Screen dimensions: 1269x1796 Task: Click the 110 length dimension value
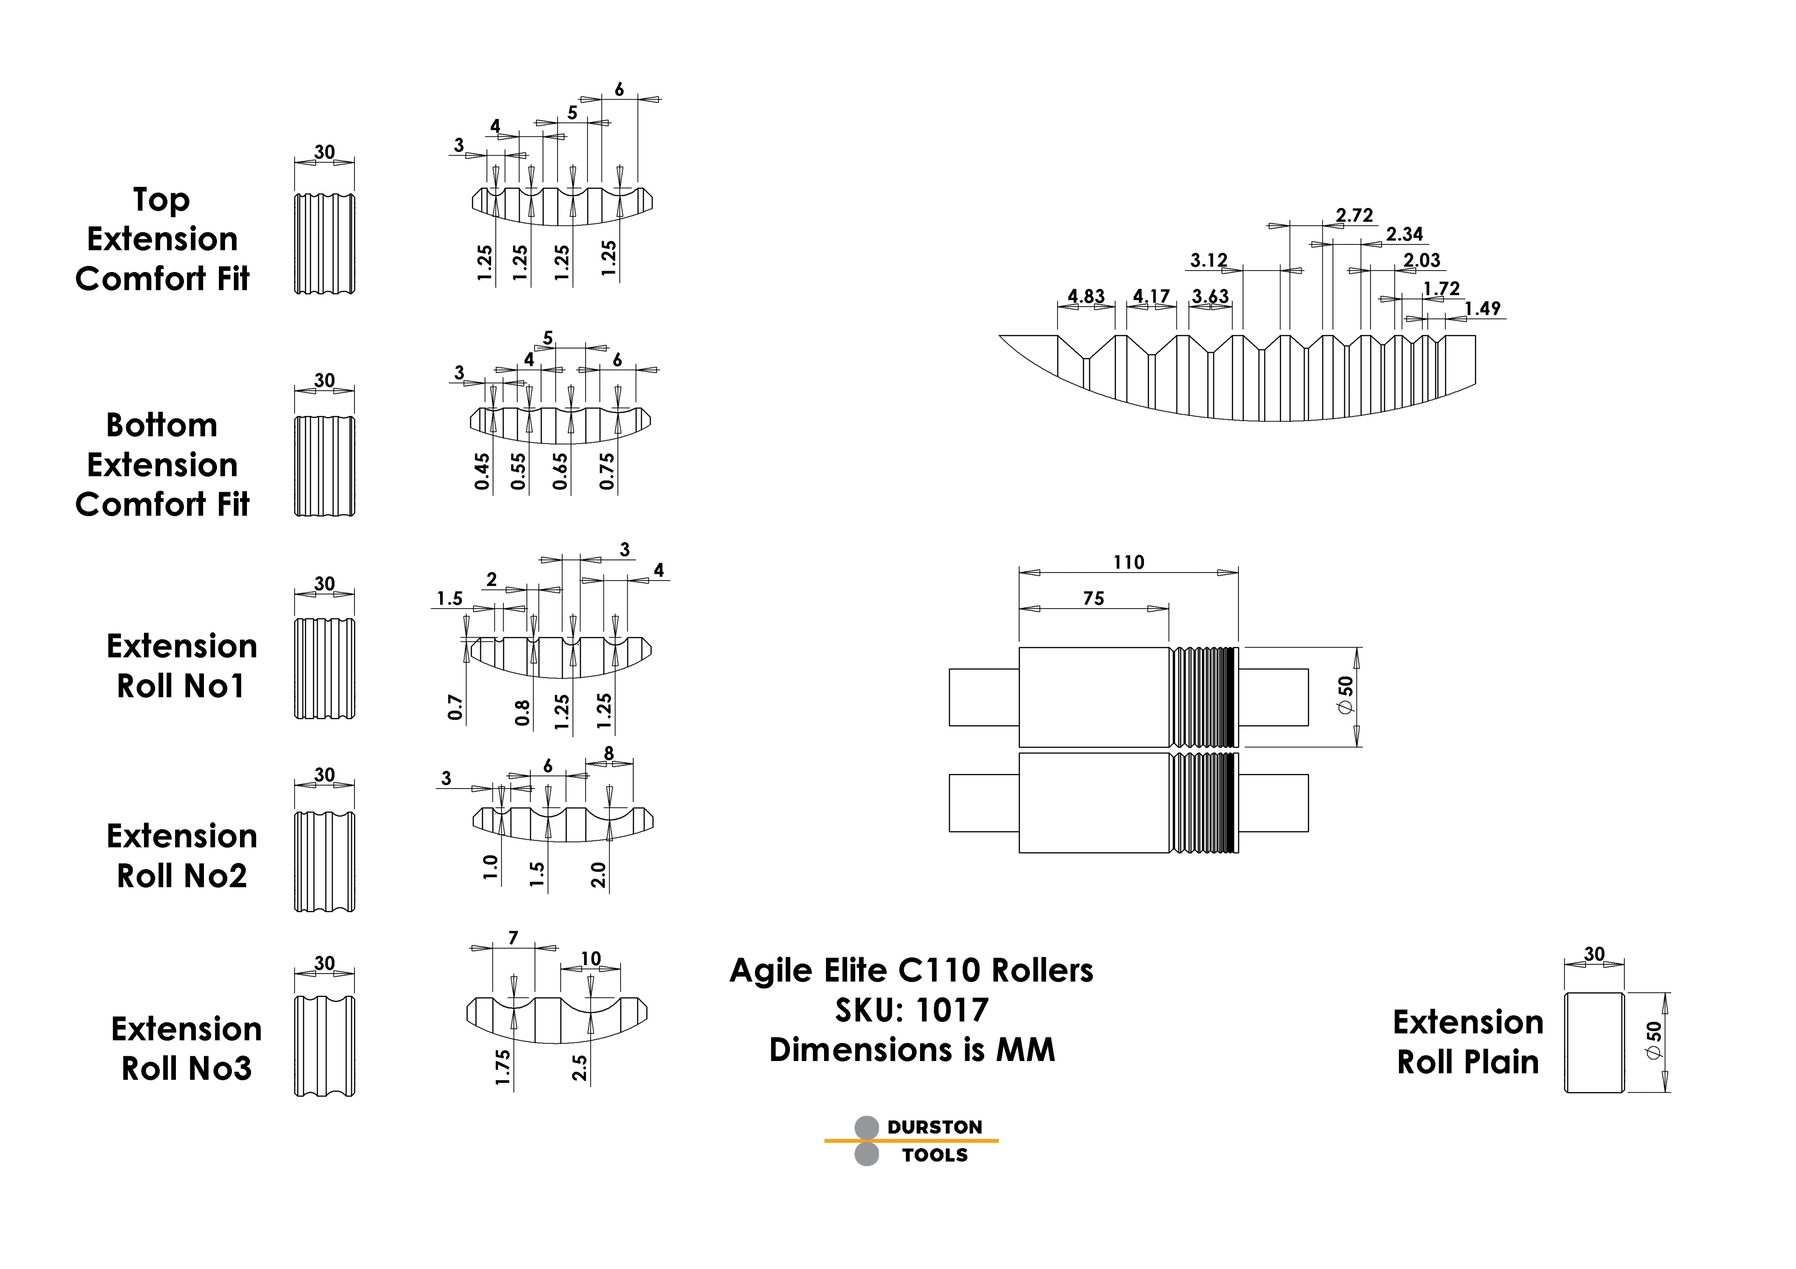pyautogui.click(x=1128, y=562)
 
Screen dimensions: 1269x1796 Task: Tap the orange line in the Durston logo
pyautogui.click(x=911, y=1141)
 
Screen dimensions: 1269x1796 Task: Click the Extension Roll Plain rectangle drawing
pyautogui.click(x=1593, y=1042)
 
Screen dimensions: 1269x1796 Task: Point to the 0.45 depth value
pyautogui.click(x=482, y=472)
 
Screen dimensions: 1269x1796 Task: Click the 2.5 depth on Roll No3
pyautogui.click(x=579, y=1067)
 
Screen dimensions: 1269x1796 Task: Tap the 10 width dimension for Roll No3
pyautogui.click(x=591, y=959)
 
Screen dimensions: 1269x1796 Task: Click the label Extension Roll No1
pyautogui.click(x=181, y=666)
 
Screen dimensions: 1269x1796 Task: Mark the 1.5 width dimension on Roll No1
pyautogui.click(x=450, y=599)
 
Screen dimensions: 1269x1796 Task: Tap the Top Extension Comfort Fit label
pyautogui.click(x=162, y=238)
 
